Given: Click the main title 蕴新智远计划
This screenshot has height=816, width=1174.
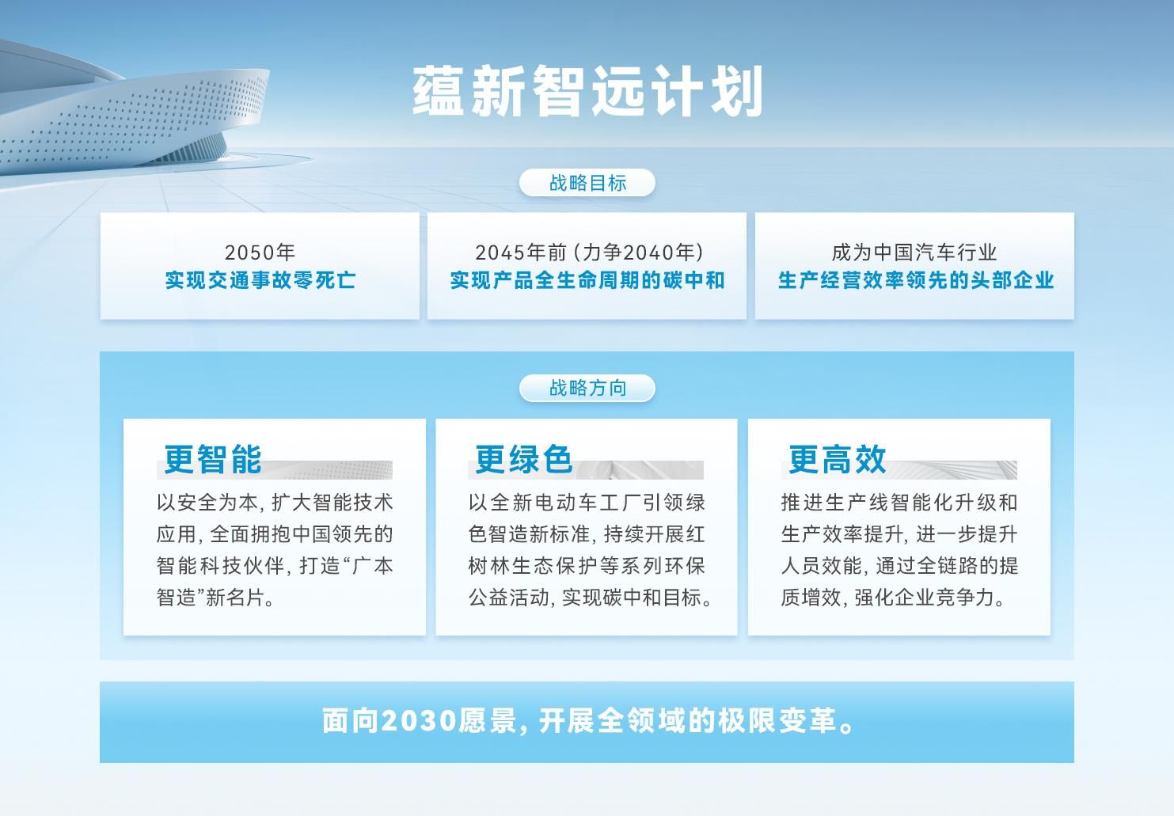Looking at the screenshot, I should coord(587,92).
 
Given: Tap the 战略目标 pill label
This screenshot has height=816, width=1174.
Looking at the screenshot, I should coord(587,183).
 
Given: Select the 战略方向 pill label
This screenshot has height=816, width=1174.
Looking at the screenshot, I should coord(587,388).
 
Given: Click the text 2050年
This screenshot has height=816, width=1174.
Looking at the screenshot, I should coord(260,252).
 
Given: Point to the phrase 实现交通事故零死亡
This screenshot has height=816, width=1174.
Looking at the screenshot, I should coord(260,280).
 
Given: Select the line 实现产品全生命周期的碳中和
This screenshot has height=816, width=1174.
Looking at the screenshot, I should coord(587,280).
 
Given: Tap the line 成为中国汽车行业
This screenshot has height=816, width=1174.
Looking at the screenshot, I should coord(914,252).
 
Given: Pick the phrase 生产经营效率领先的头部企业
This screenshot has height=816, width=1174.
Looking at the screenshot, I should coord(915,280).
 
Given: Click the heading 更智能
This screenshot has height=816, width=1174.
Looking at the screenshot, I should coord(212,460).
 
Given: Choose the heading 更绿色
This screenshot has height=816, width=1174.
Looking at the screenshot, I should coord(523,460).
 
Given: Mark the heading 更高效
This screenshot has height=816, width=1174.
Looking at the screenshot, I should coord(837,460).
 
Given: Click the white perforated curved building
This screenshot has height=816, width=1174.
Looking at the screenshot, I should coord(135,119).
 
